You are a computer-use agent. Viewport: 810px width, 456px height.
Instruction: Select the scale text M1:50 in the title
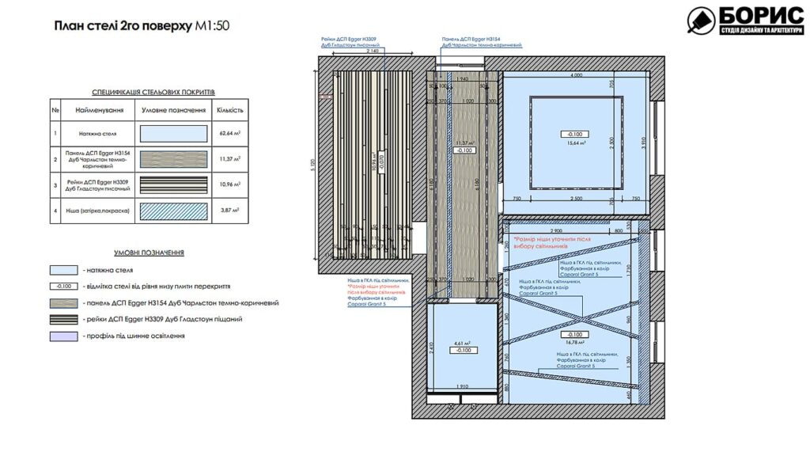click(x=213, y=25)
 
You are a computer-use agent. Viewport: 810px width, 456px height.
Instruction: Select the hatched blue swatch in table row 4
click(x=173, y=212)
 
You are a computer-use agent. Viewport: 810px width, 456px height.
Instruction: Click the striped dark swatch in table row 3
click(x=173, y=186)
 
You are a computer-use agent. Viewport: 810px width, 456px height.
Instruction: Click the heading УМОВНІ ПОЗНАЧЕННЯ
click(x=149, y=253)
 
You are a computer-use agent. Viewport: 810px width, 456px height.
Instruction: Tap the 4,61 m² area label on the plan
click(x=463, y=343)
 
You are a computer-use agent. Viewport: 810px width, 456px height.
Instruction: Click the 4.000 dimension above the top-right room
click(x=575, y=74)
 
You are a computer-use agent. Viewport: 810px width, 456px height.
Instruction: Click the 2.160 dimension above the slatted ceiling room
click(x=373, y=52)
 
